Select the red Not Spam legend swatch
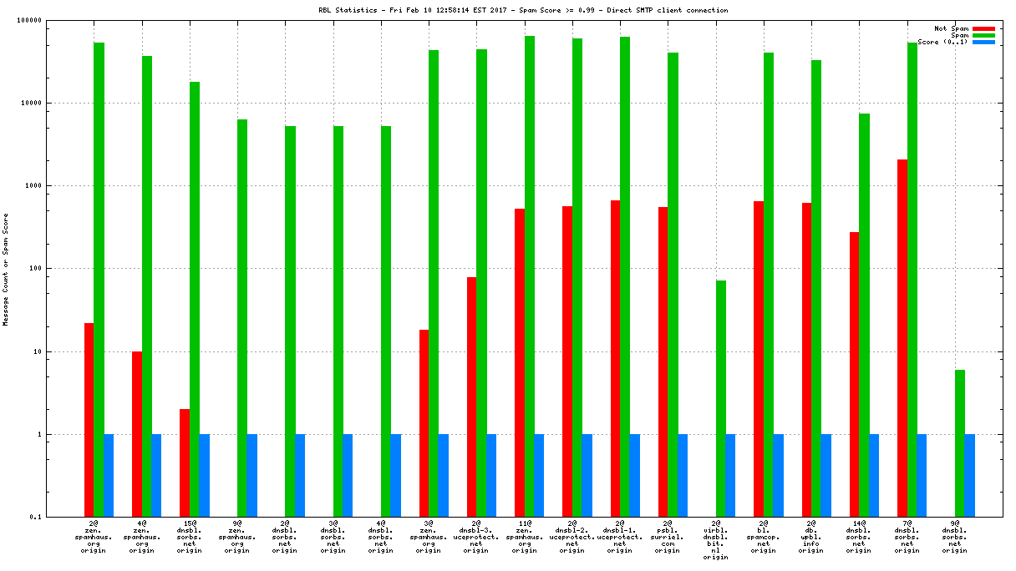click(x=983, y=28)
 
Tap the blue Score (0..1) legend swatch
click(x=983, y=42)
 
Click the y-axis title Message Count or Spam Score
click(x=6, y=269)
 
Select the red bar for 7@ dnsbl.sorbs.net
click(x=902, y=338)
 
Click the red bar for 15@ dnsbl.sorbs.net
click(x=185, y=463)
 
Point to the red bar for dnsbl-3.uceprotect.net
click(x=472, y=397)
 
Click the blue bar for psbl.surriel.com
click(x=683, y=476)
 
